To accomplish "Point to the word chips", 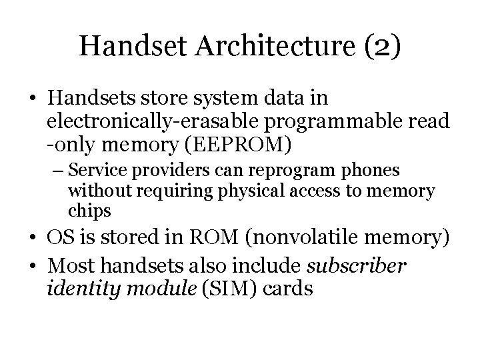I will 90,212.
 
